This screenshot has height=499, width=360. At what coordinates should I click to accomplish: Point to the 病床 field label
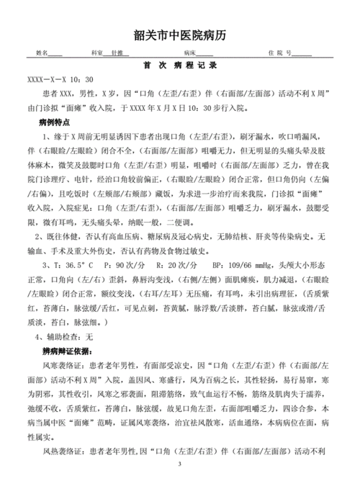pyautogui.click(x=190, y=54)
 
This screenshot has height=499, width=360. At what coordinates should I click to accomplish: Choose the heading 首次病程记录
pyautogui.click(x=180, y=66)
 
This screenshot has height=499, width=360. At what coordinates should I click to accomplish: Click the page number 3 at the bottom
pyautogui.click(x=180, y=484)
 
